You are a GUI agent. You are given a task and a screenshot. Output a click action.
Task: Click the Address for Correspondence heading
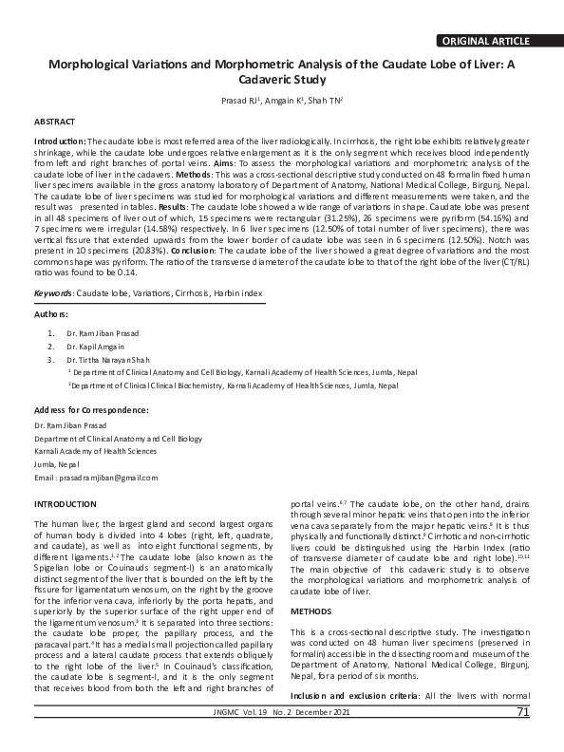point(91,410)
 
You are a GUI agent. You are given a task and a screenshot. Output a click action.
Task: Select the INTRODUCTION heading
point(71,503)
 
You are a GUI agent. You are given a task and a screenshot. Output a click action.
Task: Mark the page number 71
point(523,737)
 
